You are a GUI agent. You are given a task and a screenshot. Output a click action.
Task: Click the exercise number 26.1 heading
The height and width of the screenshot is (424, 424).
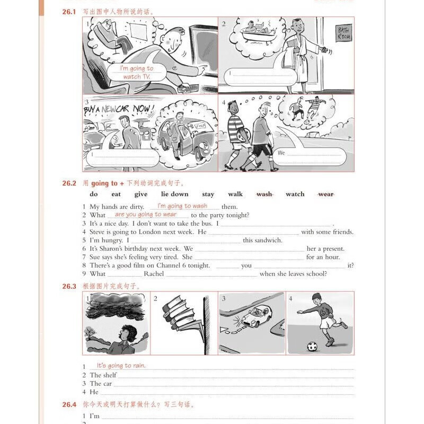click(70, 11)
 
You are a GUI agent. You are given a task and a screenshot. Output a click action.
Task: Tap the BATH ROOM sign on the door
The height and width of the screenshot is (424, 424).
click(345, 33)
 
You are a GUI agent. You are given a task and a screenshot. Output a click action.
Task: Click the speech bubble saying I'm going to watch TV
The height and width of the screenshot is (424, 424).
click(136, 73)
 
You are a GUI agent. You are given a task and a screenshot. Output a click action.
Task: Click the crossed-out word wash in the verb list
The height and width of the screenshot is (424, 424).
click(264, 194)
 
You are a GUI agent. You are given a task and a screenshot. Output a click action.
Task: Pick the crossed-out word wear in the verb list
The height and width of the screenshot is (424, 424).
click(326, 194)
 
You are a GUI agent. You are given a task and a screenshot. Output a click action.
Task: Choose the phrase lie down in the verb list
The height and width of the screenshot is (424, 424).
click(174, 194)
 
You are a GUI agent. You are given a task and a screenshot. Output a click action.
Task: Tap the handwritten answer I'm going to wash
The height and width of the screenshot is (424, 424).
click(182, 206)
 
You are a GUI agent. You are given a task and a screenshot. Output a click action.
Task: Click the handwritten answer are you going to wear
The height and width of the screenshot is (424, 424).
click(145, 214)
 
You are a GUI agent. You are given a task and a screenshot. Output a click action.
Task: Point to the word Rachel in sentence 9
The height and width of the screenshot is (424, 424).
click(154, 274)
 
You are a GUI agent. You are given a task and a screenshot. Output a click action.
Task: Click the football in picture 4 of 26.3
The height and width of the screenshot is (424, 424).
click(312, 346)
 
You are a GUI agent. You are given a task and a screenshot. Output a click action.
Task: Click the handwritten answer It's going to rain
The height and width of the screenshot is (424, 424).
click(121, 366)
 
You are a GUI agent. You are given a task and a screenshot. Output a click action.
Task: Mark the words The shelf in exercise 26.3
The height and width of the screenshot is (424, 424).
click(103, 375)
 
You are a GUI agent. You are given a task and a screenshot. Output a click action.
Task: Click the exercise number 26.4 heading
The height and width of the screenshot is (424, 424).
click(70, 404)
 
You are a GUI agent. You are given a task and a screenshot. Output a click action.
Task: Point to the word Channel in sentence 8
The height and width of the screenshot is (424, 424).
click(162, 266)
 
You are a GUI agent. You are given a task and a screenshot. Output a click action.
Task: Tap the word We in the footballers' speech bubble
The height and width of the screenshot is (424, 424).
click(281, 153)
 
